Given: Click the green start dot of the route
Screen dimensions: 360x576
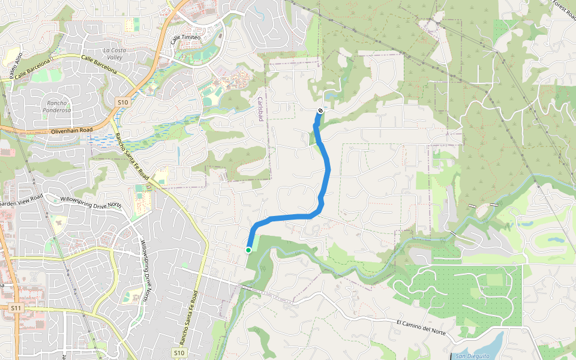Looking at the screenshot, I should click(x=248, y=250).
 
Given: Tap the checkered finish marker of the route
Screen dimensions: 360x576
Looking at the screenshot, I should click(x=321, y=110).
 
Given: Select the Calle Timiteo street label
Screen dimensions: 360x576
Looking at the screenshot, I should click(x=184, y=38).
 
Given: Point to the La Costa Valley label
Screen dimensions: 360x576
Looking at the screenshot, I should click(x=115, y=53).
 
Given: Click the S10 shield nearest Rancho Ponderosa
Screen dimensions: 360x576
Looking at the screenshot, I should click(x=123, y=103).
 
